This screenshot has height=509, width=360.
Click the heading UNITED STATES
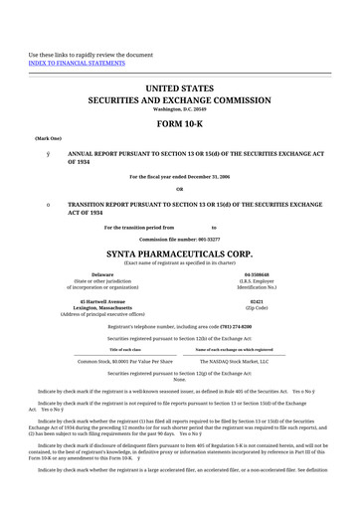click(180, 89)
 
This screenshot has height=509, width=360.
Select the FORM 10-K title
click(180, 123)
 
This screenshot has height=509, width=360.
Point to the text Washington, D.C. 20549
click(180, 108)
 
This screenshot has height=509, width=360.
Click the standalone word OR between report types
click(180, 189)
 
